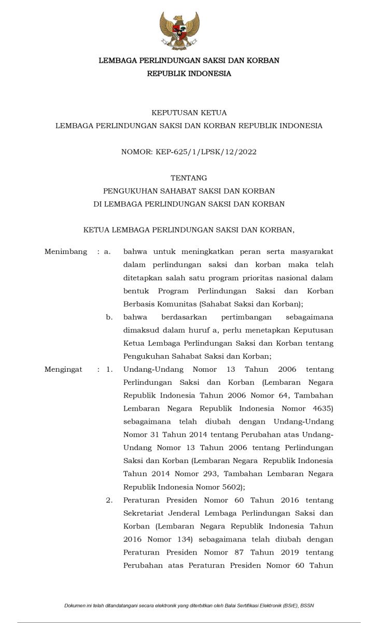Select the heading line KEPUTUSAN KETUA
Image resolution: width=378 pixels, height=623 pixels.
(189, 113)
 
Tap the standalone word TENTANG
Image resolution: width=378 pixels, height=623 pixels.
(189, 178)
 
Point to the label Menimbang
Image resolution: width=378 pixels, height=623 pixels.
(66, 252)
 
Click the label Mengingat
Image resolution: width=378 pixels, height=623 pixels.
(63, 370)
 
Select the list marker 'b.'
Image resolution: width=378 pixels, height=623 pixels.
(109, 317)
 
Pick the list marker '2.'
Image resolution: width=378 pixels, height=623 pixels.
(109, 500)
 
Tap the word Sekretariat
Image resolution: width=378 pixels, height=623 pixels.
(146, 513)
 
